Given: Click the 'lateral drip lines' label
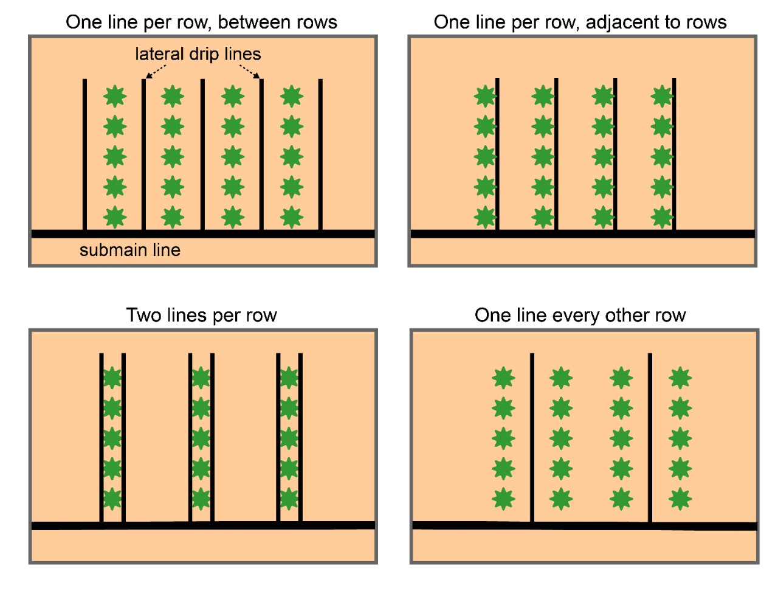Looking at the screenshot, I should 198,54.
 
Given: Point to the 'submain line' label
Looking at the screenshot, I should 129,250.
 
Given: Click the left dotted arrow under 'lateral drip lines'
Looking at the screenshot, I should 156,72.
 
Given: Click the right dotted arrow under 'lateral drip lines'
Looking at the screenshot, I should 250,72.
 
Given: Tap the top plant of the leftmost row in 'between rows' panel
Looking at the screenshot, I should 115,96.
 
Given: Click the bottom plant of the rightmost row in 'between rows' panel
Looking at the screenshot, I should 292,217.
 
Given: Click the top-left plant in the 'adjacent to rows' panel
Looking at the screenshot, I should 485,96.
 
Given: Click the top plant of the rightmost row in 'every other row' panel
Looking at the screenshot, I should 680,378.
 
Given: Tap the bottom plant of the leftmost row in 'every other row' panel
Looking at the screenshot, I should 503,499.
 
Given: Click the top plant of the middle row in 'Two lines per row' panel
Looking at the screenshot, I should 201,378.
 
